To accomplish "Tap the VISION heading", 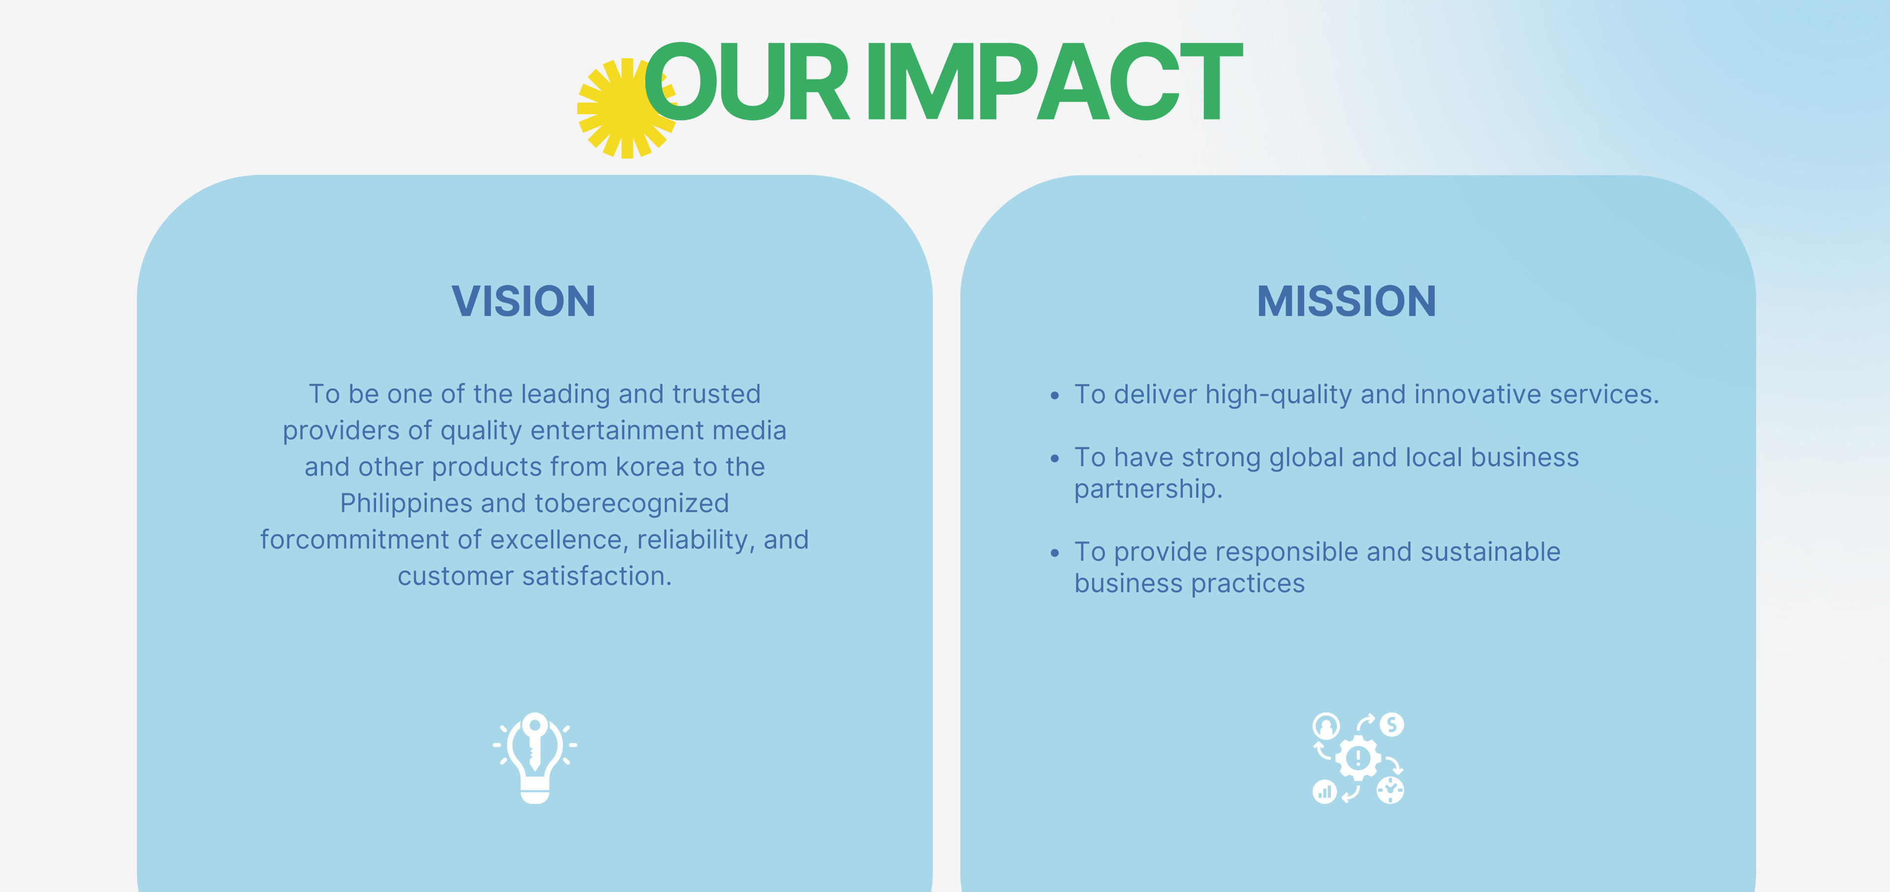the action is [523, 301].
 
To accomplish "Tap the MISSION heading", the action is [1346, 301].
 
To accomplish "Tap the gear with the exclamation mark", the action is [1358, 758].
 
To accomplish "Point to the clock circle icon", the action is [1390, 790].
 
